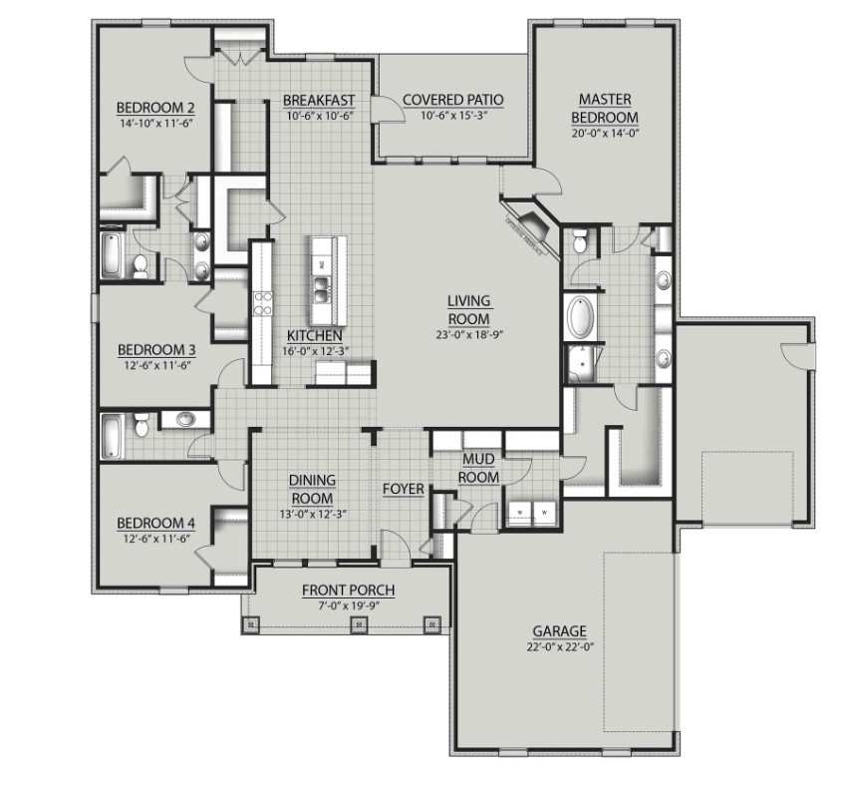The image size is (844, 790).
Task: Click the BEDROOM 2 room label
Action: [x=154, y=109]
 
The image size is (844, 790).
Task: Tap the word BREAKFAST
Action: [x=320, y=100]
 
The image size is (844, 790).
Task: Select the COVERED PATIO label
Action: [x=452, y=100]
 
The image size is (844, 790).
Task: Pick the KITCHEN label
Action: [x=315, y=335]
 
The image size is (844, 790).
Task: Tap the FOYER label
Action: [x=404, y=490]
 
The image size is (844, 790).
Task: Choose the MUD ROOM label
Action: [x=478, y=468]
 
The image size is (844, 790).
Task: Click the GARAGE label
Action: [x=558, y=630]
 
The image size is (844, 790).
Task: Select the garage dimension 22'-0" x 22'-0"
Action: [x=558, y=647]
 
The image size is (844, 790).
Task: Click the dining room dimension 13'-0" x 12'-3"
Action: [x=312, y=514]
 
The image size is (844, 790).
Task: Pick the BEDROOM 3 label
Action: [x=155, y=350]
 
